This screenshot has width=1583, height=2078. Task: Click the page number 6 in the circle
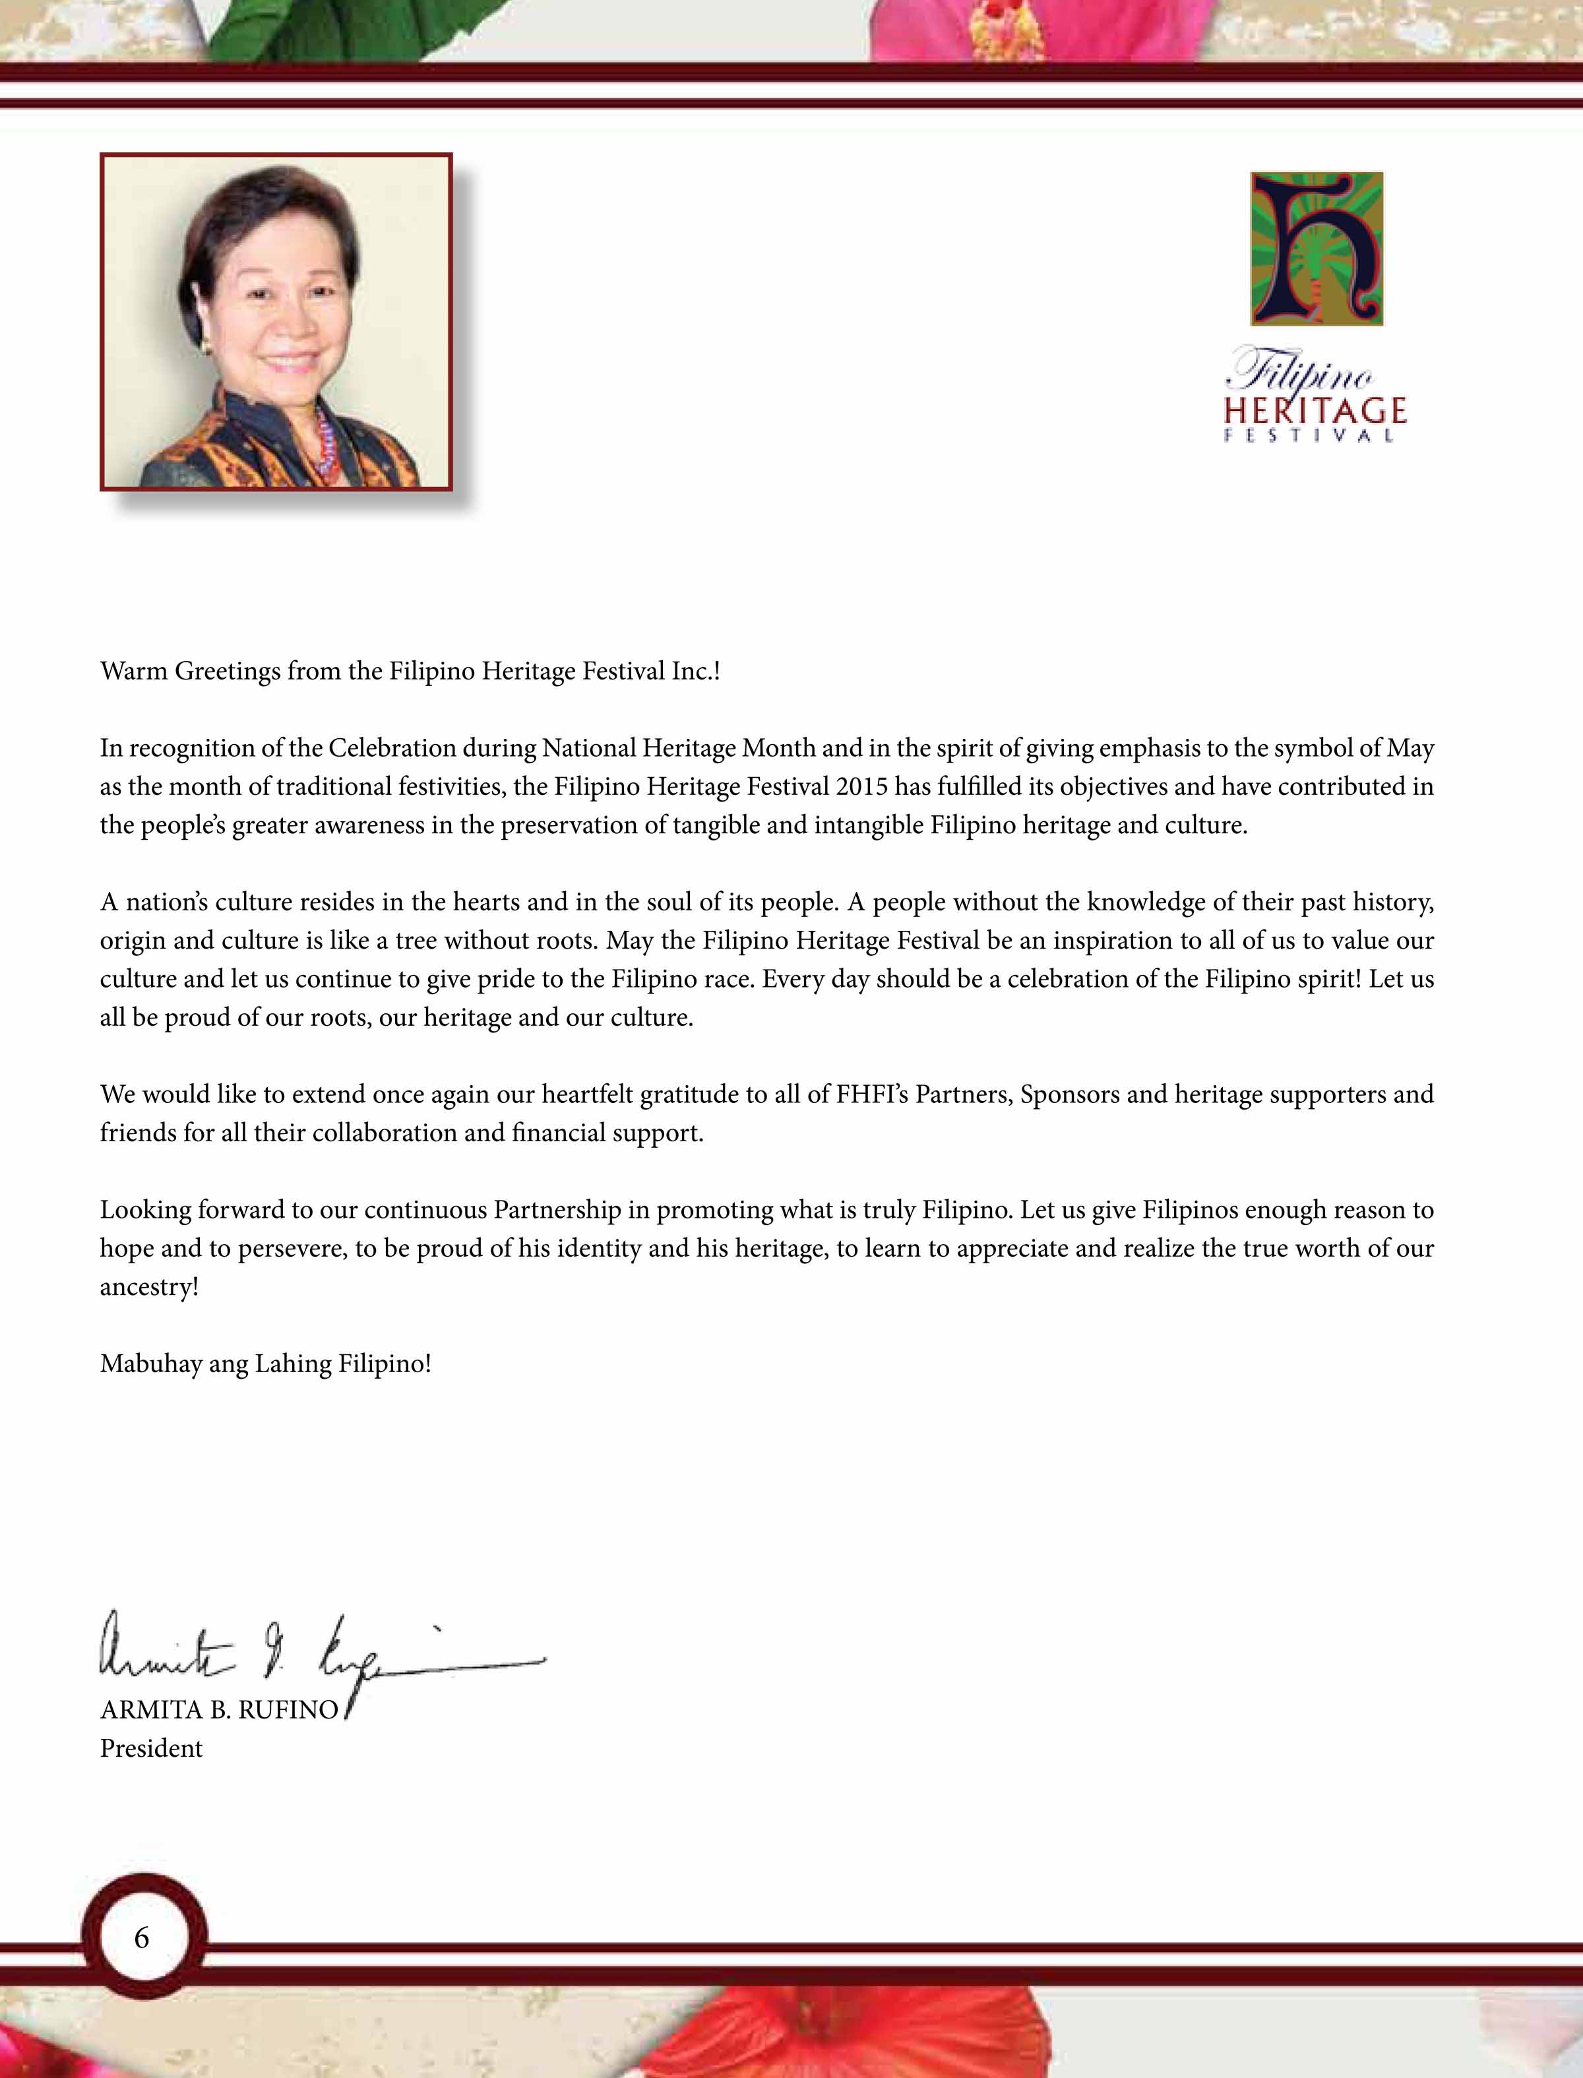[x=141, y=1937]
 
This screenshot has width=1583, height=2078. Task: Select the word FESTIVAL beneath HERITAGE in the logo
[x=1309, y=435]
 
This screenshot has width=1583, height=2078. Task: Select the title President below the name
[x=151, y=1748]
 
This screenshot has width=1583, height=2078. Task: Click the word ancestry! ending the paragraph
[x=149, y=1286]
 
